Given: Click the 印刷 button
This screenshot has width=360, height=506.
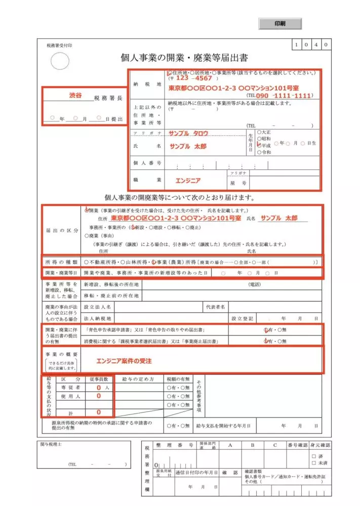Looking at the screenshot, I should [x=280, y=24].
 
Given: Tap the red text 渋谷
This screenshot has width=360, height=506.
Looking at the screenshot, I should [x=75, y=95].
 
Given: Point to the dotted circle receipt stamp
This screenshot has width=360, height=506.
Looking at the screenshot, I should [x=60, y=62].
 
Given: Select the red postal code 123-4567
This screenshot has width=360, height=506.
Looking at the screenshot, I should [x=194, y=78].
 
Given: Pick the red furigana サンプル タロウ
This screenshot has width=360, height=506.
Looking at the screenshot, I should [x=189, y=133].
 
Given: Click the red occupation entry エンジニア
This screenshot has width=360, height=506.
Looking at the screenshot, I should [x=188, y=180].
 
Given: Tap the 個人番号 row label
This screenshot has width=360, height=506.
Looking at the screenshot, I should [x=147, y=163].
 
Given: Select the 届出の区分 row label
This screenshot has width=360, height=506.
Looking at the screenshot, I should [x=61, y=230].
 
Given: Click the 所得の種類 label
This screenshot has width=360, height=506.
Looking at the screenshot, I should [x=61, y=262].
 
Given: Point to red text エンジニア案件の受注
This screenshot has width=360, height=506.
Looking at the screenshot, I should [x=124, y=361].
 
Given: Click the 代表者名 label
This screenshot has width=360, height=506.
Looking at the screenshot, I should [x=215, y=307].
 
